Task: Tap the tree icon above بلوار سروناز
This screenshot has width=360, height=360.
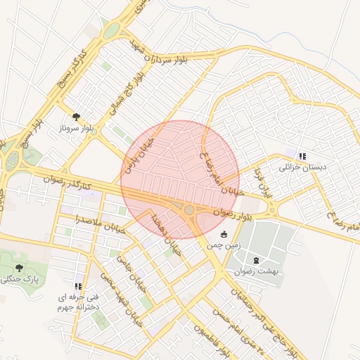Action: coord(76,117)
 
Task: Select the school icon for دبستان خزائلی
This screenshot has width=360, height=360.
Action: coord(302,156)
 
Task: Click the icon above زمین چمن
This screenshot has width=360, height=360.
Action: coord(224,234)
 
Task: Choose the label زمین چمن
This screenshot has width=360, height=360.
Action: coord(224,246)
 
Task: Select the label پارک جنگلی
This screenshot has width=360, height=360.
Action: coord(19,279)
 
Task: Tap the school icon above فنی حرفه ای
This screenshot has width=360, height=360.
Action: coord(78,286)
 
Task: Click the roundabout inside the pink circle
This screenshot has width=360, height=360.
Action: coord(188,210)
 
